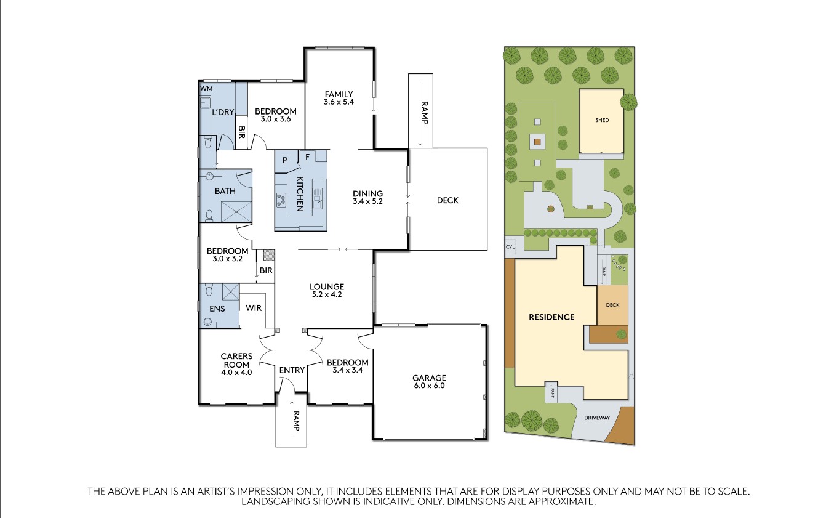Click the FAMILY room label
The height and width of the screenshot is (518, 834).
point(339,94)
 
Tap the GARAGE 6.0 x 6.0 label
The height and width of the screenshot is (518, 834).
point(429,378)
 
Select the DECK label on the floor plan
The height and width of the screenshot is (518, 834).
point(447,200)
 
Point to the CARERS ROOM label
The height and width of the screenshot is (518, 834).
point(236,360)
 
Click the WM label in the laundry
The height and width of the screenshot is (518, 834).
point(206,89)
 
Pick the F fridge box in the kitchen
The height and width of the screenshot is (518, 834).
point(306,156)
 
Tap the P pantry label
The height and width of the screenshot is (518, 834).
point(285,160)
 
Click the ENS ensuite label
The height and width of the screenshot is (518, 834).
point(217,308)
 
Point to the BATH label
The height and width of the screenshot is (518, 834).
point(225,191)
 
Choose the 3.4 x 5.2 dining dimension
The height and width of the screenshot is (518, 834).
point(368,201)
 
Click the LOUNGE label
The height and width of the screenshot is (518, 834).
point(326,286)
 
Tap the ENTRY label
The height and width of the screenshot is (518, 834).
point(292,370)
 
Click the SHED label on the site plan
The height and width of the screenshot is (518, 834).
point(602,120)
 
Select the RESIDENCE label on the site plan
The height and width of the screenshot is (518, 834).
point(551,317)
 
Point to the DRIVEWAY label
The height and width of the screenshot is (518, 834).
point(597,418)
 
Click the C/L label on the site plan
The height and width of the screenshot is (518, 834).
point(510,246)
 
